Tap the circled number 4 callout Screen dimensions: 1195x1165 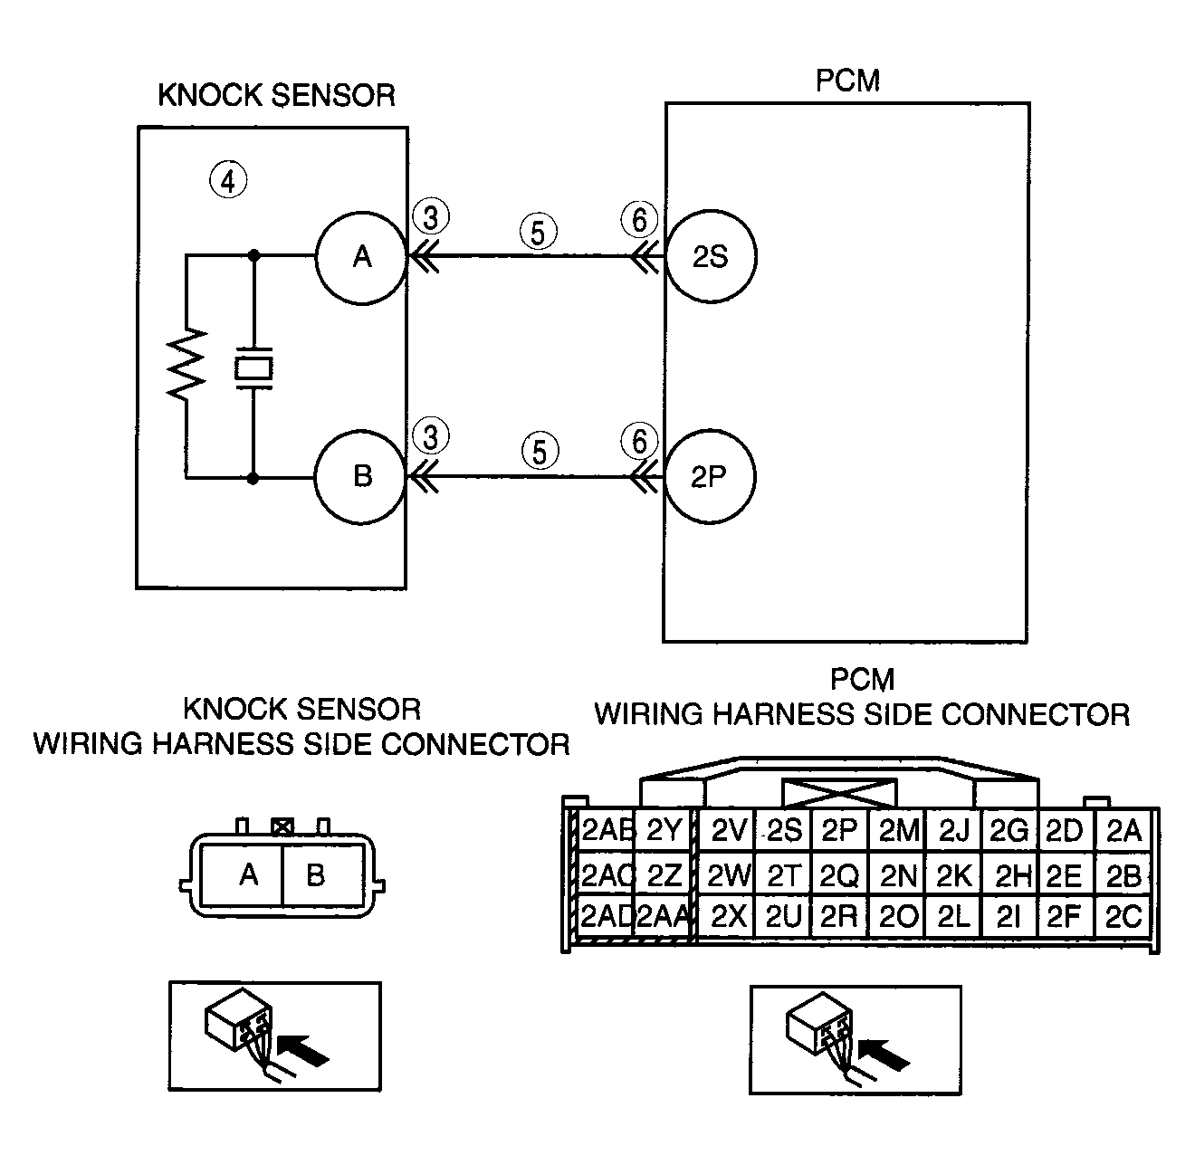[228, 181]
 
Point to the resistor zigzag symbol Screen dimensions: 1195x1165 [186, 364]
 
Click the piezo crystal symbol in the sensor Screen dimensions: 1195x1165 [253, 368]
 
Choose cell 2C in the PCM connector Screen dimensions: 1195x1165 [1123, 916]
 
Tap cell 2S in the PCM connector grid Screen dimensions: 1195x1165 [784, 830]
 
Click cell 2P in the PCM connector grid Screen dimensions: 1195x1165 [839, 830]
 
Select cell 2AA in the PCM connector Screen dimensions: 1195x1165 [663, 916]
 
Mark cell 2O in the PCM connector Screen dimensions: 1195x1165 [897, 916]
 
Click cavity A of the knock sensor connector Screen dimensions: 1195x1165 [242, 874]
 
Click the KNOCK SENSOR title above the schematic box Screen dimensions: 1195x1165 [276, 95]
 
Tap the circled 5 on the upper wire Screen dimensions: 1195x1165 [538, 232]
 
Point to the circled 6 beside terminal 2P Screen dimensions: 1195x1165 [639, 441]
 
